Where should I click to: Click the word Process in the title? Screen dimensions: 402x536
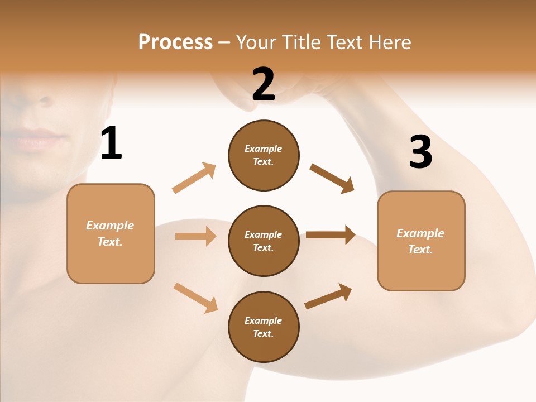pyautogui.click(x=175, y=42)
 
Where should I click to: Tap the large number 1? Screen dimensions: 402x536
pyautogui.click(x=111, y=143)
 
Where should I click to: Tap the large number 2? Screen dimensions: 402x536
pyautogui.click(x=264, y=84)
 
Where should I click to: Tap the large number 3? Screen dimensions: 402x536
pyautogui.click(x=420, y=152)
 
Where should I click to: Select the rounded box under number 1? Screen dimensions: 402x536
pyautogui.click(x=111, y=233)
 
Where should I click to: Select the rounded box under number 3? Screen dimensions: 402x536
pyautogui.click(x=421, y=241)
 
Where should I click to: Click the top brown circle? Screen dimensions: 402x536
pyautogui.click(x=264, y=155)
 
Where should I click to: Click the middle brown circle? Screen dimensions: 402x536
pyautogui.click(x=264, y=241)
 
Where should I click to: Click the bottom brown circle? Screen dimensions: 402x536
pyautogui.click(x=264, y=327)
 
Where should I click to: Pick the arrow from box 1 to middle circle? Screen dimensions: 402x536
pyautogui.click(x=195, y=236)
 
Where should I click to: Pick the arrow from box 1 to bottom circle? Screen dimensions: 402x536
pyautogui.click(x=195, y=297)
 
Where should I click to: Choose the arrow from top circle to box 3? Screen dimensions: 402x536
pyautogui.click(x=332, y=179)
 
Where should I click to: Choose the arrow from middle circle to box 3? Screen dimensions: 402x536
pyautogui.click(x=331, y=234)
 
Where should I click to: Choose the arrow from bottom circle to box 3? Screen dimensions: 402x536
pyautogui.click(x=328, y=296)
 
